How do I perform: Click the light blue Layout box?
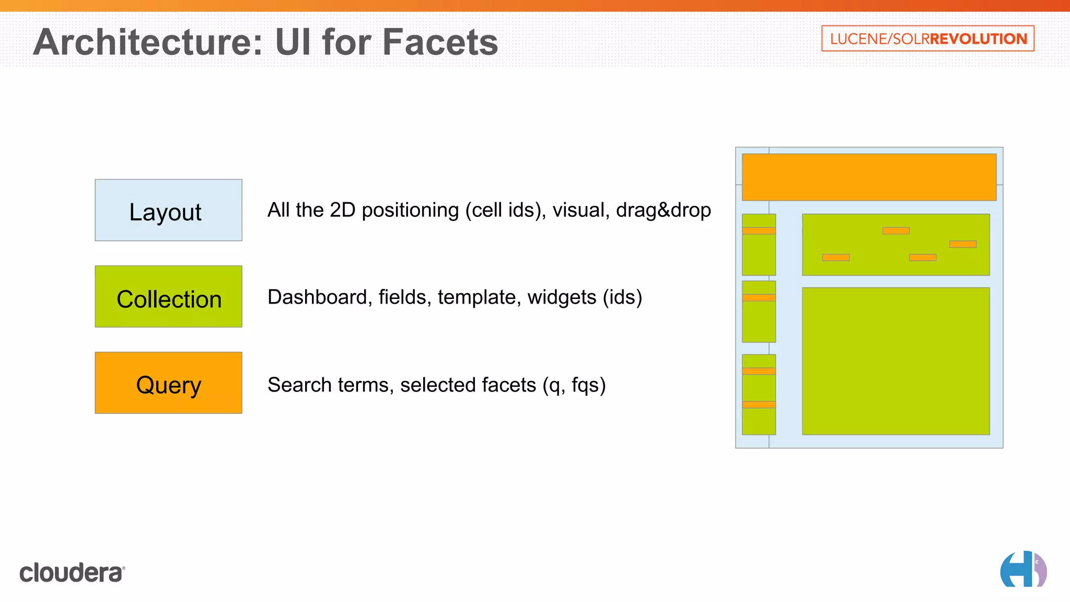pos(168,210)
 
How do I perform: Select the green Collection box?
pos(168,296)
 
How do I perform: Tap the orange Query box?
pos(168,383)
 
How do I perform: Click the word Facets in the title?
pos(440,42)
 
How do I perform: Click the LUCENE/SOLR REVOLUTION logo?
pos(927,39)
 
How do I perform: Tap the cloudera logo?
pos(72,573)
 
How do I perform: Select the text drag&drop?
pos(663,210)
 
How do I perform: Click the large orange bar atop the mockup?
pos(869,177)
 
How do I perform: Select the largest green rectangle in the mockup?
pos(895,361)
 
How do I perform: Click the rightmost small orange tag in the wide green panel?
pos(962,244)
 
